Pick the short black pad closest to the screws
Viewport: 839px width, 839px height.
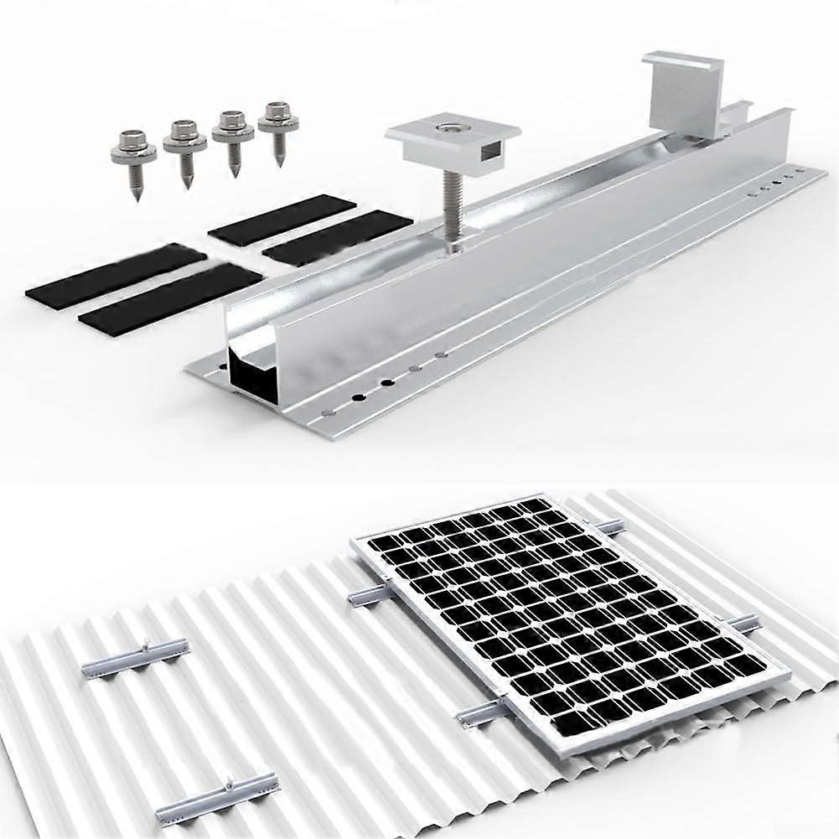point(282,220)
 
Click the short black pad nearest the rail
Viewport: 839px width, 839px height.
point(337,237)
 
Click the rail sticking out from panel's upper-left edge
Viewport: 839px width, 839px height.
point(370,595)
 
